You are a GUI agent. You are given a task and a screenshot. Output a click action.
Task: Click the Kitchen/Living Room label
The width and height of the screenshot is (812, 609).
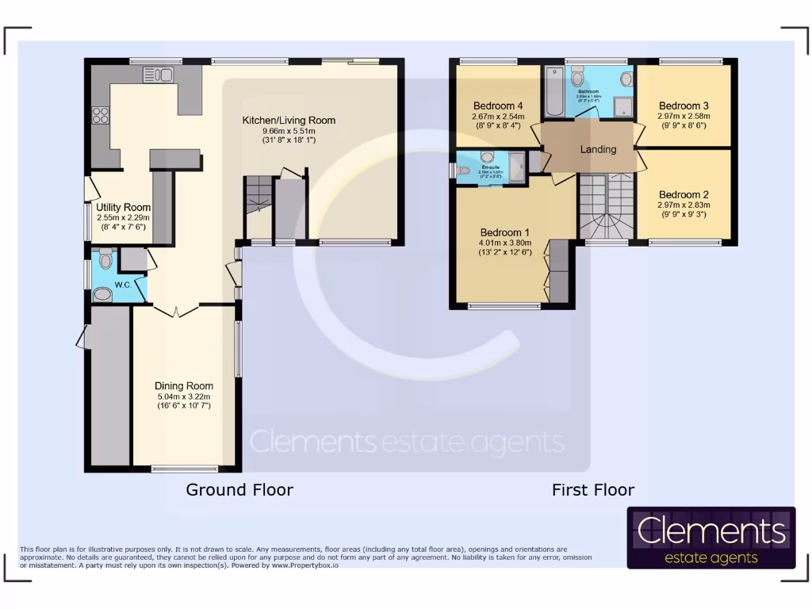click(289, 121)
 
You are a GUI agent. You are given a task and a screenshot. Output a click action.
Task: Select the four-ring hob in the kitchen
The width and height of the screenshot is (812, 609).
click(101, 116)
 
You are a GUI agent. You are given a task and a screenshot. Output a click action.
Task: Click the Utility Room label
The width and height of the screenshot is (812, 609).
click(124, 207)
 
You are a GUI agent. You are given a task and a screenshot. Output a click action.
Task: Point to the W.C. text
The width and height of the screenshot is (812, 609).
click(123, 285)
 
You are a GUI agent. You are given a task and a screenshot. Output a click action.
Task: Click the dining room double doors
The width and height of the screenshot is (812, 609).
click(176, 310)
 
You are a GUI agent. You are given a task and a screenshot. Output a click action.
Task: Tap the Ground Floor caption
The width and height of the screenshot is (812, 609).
click(239, 489)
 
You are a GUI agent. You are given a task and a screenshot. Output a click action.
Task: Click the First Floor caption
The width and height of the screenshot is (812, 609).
click(593, 490)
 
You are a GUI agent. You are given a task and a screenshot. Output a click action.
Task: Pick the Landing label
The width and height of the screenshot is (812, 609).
click(598, 149)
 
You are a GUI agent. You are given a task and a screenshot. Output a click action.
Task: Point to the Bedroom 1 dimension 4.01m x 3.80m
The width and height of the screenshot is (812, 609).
click(505, 243)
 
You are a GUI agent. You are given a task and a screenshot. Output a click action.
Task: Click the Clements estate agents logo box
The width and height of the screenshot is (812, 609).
click(711, 538)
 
